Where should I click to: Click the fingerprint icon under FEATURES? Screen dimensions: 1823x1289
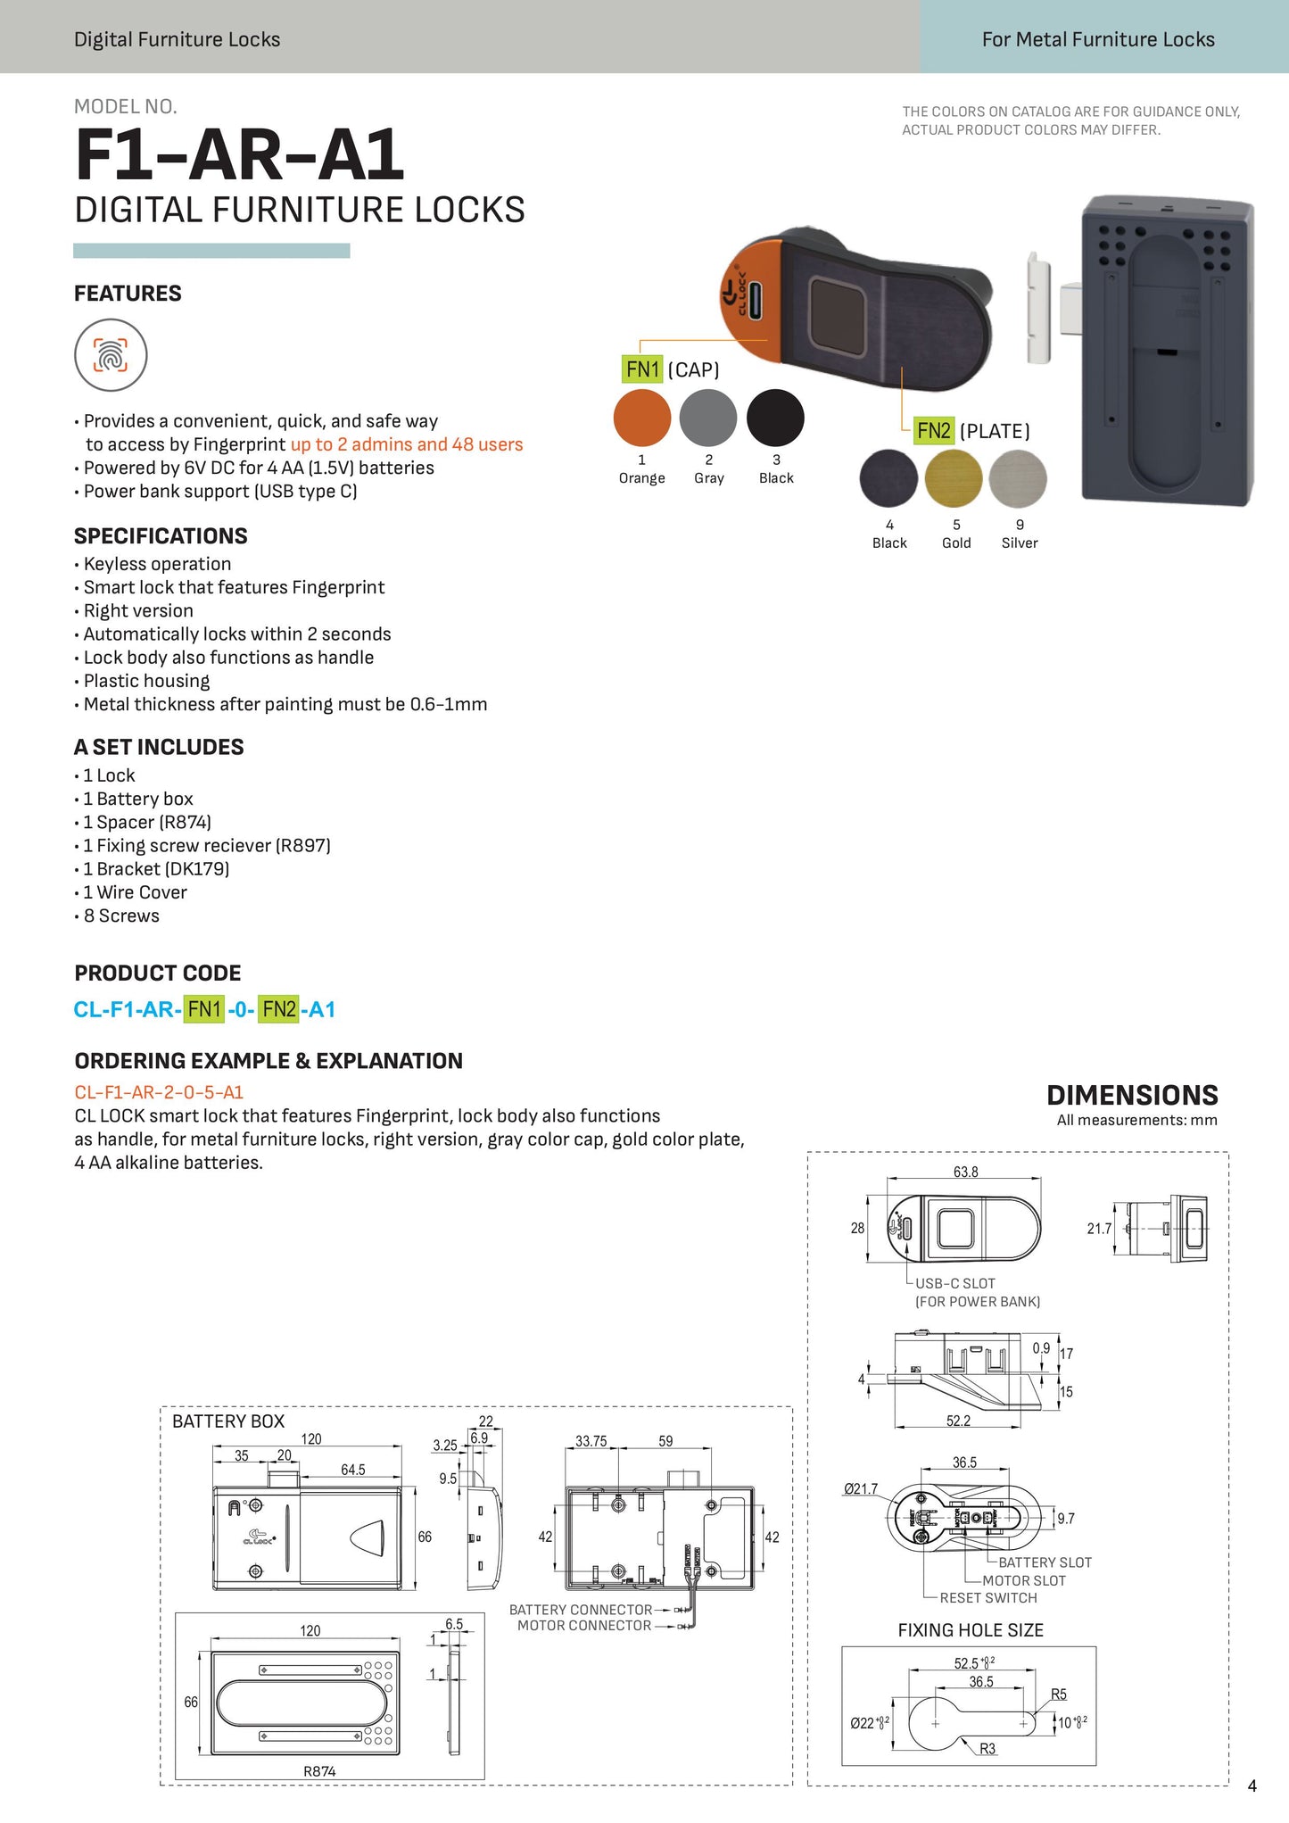pos(111,355)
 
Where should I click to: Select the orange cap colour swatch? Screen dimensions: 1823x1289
pos(642,418)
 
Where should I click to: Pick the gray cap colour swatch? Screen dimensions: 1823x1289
pos(708,418)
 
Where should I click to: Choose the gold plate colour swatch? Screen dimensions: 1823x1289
pos(954,479)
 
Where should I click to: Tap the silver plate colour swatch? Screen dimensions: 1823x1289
pos(1018,479)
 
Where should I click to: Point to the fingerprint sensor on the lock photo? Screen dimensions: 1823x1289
pos(843,314)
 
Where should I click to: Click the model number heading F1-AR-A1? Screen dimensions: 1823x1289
pos(239,155)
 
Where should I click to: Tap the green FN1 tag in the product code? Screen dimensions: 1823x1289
pos(204,1009)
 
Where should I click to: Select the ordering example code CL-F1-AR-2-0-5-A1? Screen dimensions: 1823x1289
pos(159,1092)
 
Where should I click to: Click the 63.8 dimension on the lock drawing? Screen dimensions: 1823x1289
pos(965,1172)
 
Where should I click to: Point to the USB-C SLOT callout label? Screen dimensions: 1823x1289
pos(954,1283)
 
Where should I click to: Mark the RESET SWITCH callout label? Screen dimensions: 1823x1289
pos(988,1598)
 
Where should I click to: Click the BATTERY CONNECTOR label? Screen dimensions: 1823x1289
pos(581,1610)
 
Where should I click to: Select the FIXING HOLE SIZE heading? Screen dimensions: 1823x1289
pos(971,1630)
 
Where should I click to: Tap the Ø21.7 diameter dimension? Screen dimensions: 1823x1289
pos(861,1489)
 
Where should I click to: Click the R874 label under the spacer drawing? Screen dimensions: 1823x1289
pos(319,1771)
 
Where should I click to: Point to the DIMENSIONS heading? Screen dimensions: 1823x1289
pos(1132,1095)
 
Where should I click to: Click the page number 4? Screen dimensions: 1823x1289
pos(1252,1786)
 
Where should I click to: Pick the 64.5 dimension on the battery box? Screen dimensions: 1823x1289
pos(353,1470)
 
